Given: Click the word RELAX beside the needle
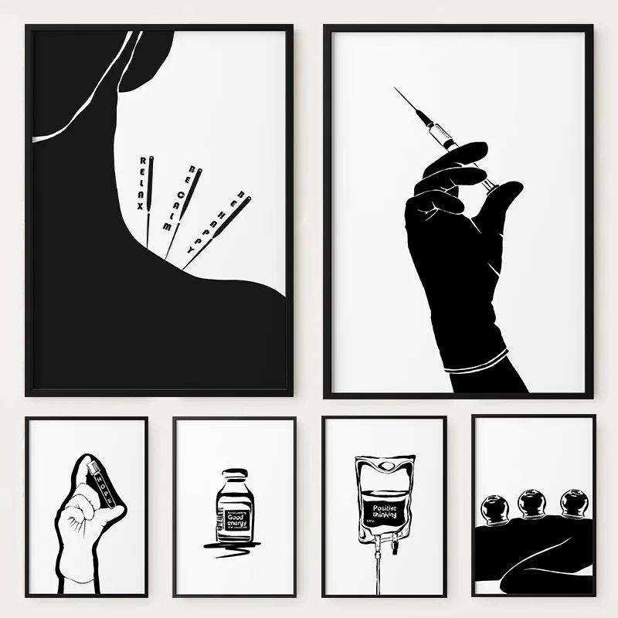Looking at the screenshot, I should tap(141, 182).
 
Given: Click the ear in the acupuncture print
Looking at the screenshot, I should tap(143, 58).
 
